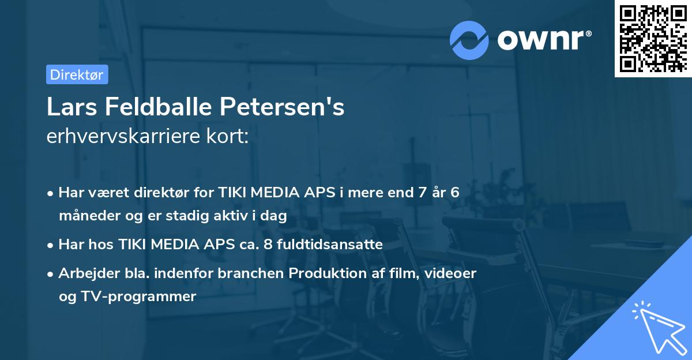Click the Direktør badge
(x=77, y=74)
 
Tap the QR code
(x=653, y=38)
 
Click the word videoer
(x=450, y=273)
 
